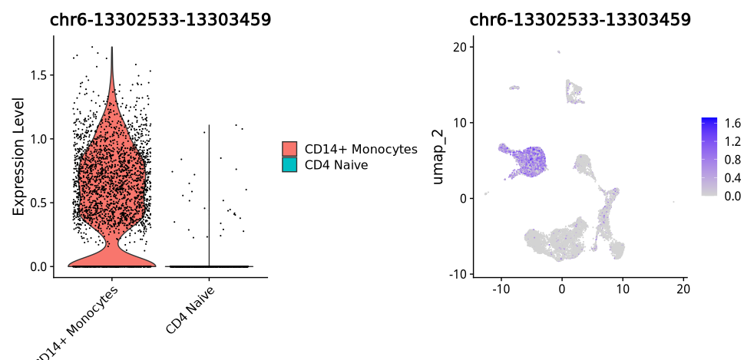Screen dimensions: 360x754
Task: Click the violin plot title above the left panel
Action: pos(160,20)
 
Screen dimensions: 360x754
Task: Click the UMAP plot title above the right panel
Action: pos(580,20)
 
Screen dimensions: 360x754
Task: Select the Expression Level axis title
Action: pos(19,156)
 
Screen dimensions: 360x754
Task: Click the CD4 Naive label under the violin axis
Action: pos(190,310)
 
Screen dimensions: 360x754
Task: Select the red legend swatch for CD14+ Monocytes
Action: pos(289,149)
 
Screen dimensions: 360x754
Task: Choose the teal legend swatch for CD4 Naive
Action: pos(289,164)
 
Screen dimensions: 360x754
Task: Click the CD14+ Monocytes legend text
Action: pos(360,149)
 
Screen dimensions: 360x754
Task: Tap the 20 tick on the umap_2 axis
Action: pos(460,47)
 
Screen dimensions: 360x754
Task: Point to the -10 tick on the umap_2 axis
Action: pos(458,274)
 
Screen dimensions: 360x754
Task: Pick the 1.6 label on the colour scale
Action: pos(733,123)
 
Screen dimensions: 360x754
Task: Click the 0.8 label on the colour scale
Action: pos(733,160)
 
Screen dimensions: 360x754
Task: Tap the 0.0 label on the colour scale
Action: pos(733,196)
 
